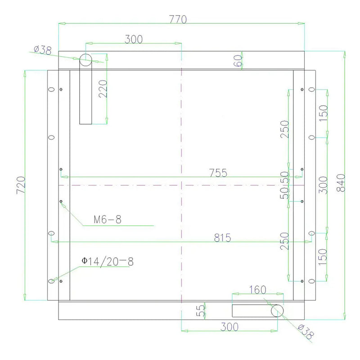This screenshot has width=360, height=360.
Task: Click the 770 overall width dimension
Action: [x=178, y=20]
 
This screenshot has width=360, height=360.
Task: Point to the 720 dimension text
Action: [x=21, y=185]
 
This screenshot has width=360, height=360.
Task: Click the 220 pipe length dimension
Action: [x=102, y=89]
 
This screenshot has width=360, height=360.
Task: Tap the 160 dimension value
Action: [x=257, y=289]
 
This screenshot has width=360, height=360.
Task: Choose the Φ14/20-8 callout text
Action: [x=107, y=261]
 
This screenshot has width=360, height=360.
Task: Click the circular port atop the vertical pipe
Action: [x=85, y=59]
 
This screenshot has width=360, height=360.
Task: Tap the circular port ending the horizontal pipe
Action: [x=278, y=310]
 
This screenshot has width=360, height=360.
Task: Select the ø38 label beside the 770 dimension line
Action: [x=43, y=50]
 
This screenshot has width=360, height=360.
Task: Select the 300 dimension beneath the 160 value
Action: [x=229, y=327]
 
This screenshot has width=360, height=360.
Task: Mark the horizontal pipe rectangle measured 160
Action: [x=252, y=310]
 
